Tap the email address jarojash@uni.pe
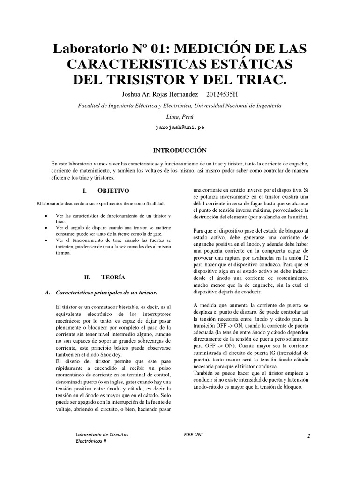click(180, 127)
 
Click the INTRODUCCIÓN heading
click(180, 150)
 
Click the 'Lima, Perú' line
click(180, 117)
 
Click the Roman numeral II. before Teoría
click(87, 277)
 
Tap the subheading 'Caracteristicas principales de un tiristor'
click(106, 292)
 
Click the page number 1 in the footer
click(309, 436)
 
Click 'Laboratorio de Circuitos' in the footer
click(102, 434)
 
